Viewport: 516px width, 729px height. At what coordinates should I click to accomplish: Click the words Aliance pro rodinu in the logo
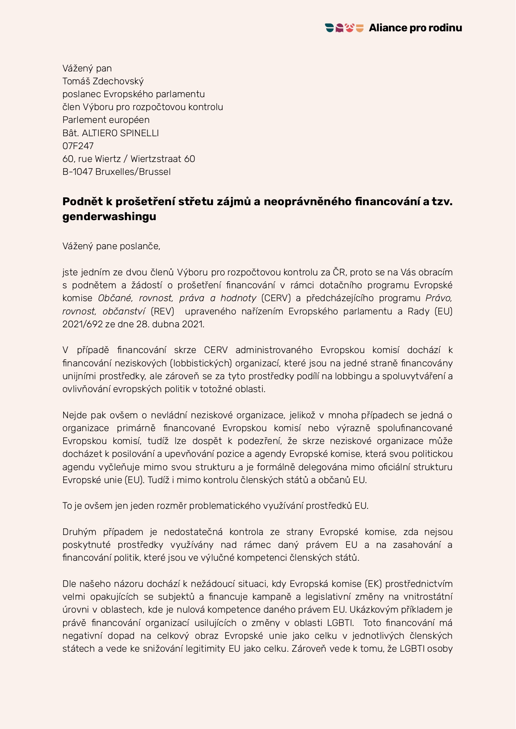(415, 28)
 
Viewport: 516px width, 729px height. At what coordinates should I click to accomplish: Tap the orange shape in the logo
(360, 28)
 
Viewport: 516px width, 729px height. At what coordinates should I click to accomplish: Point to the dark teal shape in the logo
(329, 28)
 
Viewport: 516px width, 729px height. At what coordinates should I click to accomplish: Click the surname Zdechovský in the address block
(118, 81)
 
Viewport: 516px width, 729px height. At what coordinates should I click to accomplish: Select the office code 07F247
(78, 146)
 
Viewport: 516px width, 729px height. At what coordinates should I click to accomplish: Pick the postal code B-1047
(78, 172)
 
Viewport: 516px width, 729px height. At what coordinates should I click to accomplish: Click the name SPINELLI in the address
(139, 133)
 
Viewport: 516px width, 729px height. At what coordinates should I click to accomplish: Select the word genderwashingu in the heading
(109, 216)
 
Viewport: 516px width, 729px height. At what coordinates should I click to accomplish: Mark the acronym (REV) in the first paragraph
(162, 312)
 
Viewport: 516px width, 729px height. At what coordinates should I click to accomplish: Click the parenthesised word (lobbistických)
(201, 363)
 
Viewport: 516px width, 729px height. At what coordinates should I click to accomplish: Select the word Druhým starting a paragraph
(79, 532)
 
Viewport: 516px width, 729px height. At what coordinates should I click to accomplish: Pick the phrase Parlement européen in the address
(106, 120)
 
